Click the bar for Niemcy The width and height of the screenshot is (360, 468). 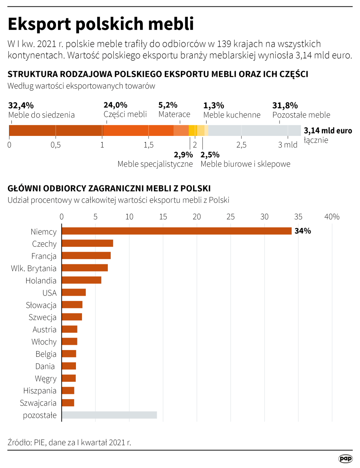point(176,231)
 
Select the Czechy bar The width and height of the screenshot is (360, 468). point(87,243)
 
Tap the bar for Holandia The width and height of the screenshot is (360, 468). point(81,280)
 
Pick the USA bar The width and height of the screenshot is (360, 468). point(74,292)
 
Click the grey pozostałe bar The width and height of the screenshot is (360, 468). point(109,415)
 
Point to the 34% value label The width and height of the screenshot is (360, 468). point(302,231)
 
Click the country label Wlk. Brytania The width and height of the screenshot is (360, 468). point(34,268)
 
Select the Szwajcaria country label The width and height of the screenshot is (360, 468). point(38,403)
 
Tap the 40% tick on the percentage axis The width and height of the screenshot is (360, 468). point(332,217)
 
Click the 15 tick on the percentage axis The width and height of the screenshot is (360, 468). point(163,217)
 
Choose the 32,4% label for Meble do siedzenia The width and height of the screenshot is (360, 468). point(21,105)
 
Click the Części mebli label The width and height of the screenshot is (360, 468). point(125,114)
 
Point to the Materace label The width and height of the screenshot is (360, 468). point(174,114)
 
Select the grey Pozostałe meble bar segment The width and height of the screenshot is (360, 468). point(254,130)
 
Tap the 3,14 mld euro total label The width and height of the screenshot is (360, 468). point(328,131)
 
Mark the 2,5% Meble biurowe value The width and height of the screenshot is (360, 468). point(210,155)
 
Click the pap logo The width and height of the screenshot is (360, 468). point(345,459)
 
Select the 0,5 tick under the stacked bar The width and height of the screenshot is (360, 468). point(55,145)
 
